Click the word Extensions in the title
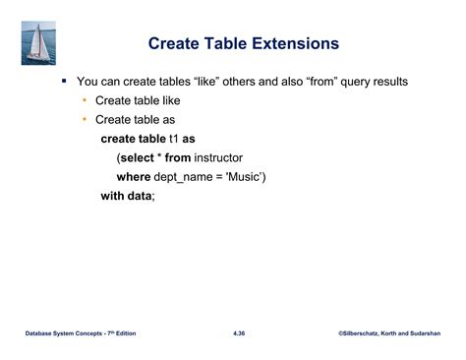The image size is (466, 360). tap(296, 44)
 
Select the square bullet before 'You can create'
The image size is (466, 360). tap(64, 81)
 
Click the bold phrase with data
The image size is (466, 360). tap(127, 196)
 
